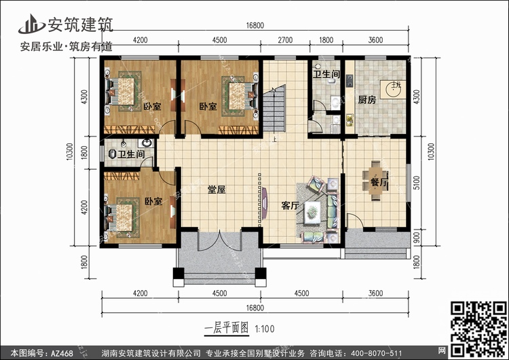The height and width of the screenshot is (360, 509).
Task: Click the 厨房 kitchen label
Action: pyautogui.click(x=366, y=99)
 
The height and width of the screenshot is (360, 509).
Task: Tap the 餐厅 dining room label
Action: pyautogui.click(x=379, y=182)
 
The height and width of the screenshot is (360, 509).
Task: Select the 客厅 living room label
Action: pyautogui.click(x=290, y=205)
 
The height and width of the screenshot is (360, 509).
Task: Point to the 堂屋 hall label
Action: pyautogui.click(x=216, y=190)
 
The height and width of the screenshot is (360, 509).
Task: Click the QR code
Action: pyautogui.click(x=478, y=329)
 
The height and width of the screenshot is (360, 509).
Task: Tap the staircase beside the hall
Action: pyautogui.click(x=274, y=109)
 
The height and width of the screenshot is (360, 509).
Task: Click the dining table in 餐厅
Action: pyautogui.click(x=376, y=180)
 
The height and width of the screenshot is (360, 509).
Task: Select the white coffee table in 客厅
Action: pyautogui.click(x=312, y=213)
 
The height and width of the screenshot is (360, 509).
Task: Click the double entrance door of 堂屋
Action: pyautogui.click(x=219, y=240)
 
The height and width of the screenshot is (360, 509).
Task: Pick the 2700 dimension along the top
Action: pyautogui.click(x=285, y=40)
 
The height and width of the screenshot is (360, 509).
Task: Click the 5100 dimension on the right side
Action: pyautogui.click(x=417, y=183)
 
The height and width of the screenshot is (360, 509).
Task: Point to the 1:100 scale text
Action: pyautogui.click(x=265, y=329)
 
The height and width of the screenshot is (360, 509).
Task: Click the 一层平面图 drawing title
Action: pyautogui.click(x=227, y=328)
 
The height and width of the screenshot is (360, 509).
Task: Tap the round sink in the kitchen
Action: pyautogui.click(x=393, y=90)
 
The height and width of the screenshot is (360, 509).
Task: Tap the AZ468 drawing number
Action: pyautogui.click(x=62, y=353)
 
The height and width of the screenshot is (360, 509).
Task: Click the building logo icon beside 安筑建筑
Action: pyautogui.click(x=31, y=24)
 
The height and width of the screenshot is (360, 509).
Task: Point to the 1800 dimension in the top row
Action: pyautogui.click(x=326, y=40)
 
